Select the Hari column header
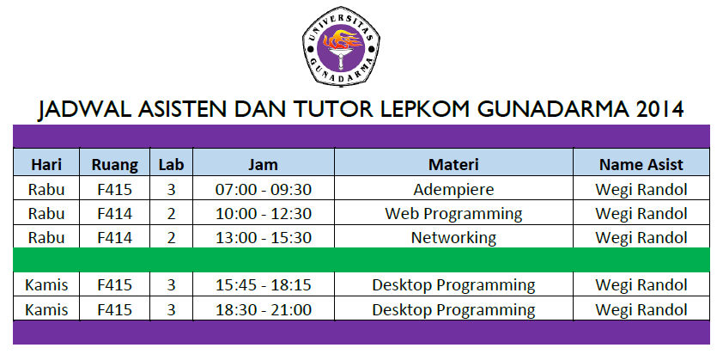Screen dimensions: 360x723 (x=46, y=164)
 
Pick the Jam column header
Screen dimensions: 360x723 (x=263, y=164)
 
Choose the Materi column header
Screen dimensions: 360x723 (x=453, y=164)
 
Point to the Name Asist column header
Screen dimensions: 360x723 (x=641, y=164)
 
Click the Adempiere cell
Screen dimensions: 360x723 (x=453, y=190)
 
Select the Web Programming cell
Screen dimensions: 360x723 (x=453, y=214)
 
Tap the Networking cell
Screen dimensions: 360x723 (x=453, y=238)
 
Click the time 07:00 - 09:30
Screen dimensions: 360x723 (x=263, y=190)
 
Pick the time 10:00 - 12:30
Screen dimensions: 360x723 (x=263, y=214)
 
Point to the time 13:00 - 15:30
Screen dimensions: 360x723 (x=263, y=238)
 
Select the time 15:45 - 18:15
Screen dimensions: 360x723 (x=263, y=285)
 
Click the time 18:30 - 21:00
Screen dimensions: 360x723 (x=263, y=309)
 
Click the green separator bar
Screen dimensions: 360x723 (x=361, y=260)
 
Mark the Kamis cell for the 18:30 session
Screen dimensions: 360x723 (x=46, y=309)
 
